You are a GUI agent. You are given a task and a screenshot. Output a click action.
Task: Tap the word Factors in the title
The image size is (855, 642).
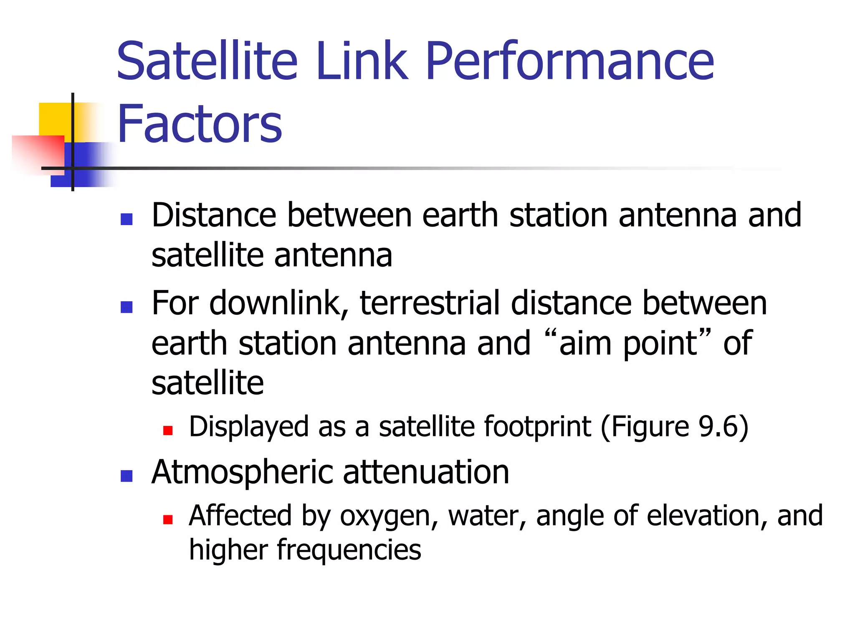coord(200,125)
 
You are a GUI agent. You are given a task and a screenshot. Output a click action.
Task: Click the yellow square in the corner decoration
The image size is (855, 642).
coord(54,119)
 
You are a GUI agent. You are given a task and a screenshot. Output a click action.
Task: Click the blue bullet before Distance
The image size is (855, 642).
coord(126,219)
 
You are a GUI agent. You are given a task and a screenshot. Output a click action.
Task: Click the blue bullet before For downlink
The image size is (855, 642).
coord(126,307)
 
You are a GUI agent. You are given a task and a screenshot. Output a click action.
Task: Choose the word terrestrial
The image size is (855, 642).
coord(430,303)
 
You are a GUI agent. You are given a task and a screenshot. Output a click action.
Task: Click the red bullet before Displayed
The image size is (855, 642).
coord(168,431)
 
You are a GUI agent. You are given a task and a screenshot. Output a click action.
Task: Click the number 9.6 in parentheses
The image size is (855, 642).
coord(718,427)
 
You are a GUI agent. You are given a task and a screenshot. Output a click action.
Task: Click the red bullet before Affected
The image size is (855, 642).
coord(168,520)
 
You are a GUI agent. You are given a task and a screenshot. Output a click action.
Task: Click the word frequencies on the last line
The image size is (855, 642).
coord(349,550)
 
